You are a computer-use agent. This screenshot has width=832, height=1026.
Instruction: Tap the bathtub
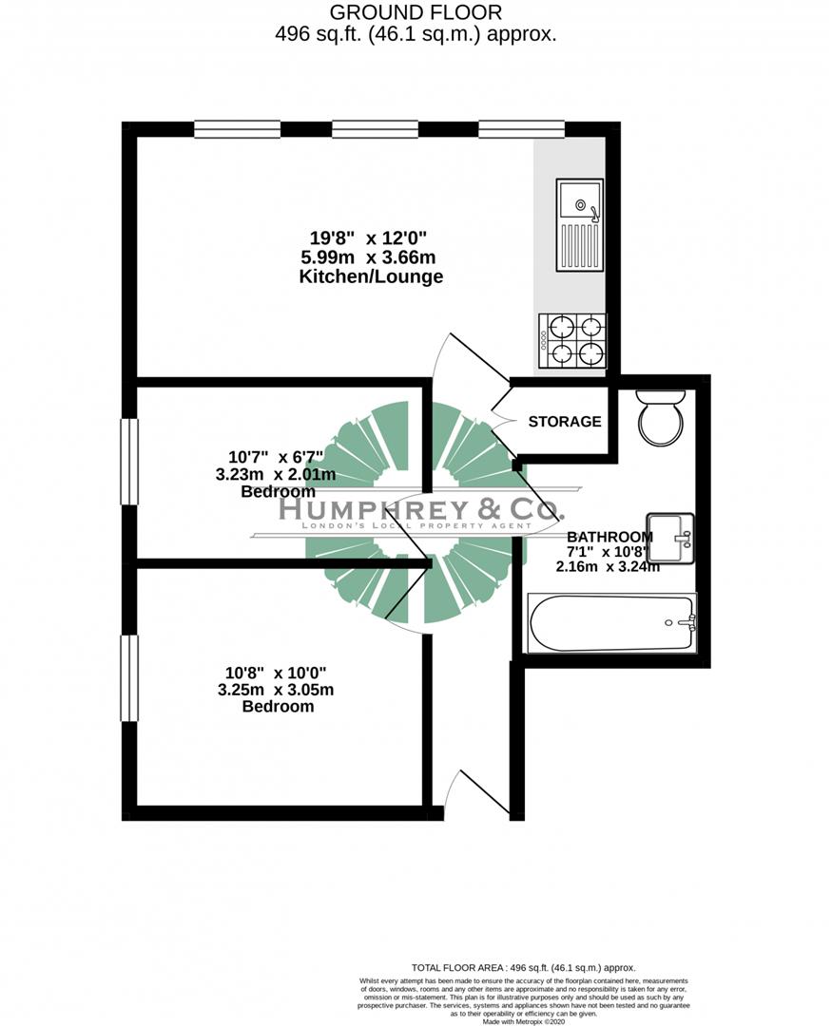pos(611,623)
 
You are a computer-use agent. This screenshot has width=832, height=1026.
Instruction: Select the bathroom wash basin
pos(671,538)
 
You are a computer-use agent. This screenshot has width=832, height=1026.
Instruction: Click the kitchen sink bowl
pos(578,201)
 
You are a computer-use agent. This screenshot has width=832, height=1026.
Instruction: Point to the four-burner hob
pos(572,341)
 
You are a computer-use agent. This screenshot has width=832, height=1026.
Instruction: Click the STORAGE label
pos(565,422)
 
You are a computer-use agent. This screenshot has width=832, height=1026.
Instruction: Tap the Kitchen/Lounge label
pos(371,277)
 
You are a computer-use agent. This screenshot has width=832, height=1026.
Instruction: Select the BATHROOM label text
pos(610,537)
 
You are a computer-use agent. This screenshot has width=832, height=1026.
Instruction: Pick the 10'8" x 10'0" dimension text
pos(278,674)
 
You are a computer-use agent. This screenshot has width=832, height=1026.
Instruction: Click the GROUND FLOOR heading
pos(416,12)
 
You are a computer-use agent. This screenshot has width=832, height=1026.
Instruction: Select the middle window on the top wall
pos(375,130)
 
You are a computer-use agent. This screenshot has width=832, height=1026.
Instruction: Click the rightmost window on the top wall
pos(521,130)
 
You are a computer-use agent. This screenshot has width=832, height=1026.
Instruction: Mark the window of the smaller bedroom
pos(129,462)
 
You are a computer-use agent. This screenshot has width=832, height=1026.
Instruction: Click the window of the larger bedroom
pos(129,678)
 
